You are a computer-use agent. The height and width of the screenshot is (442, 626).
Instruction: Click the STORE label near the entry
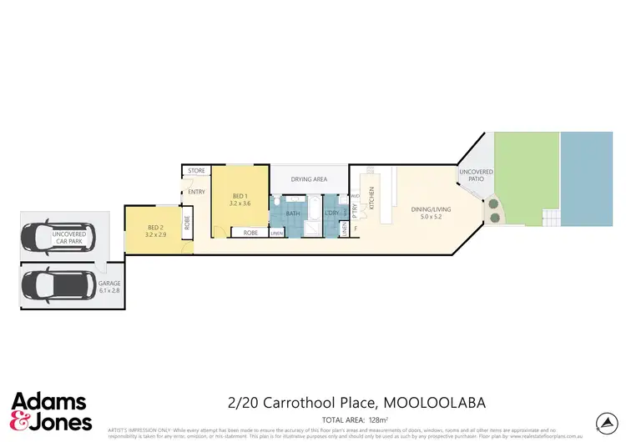click(x=196, y=171)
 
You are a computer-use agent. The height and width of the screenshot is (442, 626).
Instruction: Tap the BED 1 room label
click(x=240, y=198)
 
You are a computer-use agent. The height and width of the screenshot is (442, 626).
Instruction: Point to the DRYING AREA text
click(x=308, y=179)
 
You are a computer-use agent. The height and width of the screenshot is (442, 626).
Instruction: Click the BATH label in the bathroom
click(x=292, y=213)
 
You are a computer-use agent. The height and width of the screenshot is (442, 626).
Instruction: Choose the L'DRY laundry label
click(x=331, y=213)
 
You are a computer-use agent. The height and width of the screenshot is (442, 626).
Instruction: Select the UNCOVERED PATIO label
click(x=476, y=175)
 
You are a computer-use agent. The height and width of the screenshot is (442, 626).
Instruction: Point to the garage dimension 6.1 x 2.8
click(x=110, y=292)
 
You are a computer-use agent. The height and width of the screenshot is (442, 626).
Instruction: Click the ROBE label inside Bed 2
click(x=186, y=224)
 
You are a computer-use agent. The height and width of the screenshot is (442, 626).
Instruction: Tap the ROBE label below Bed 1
click(x=250, y=234)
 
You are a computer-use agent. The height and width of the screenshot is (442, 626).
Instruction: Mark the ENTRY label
click(x=197, y=193)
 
